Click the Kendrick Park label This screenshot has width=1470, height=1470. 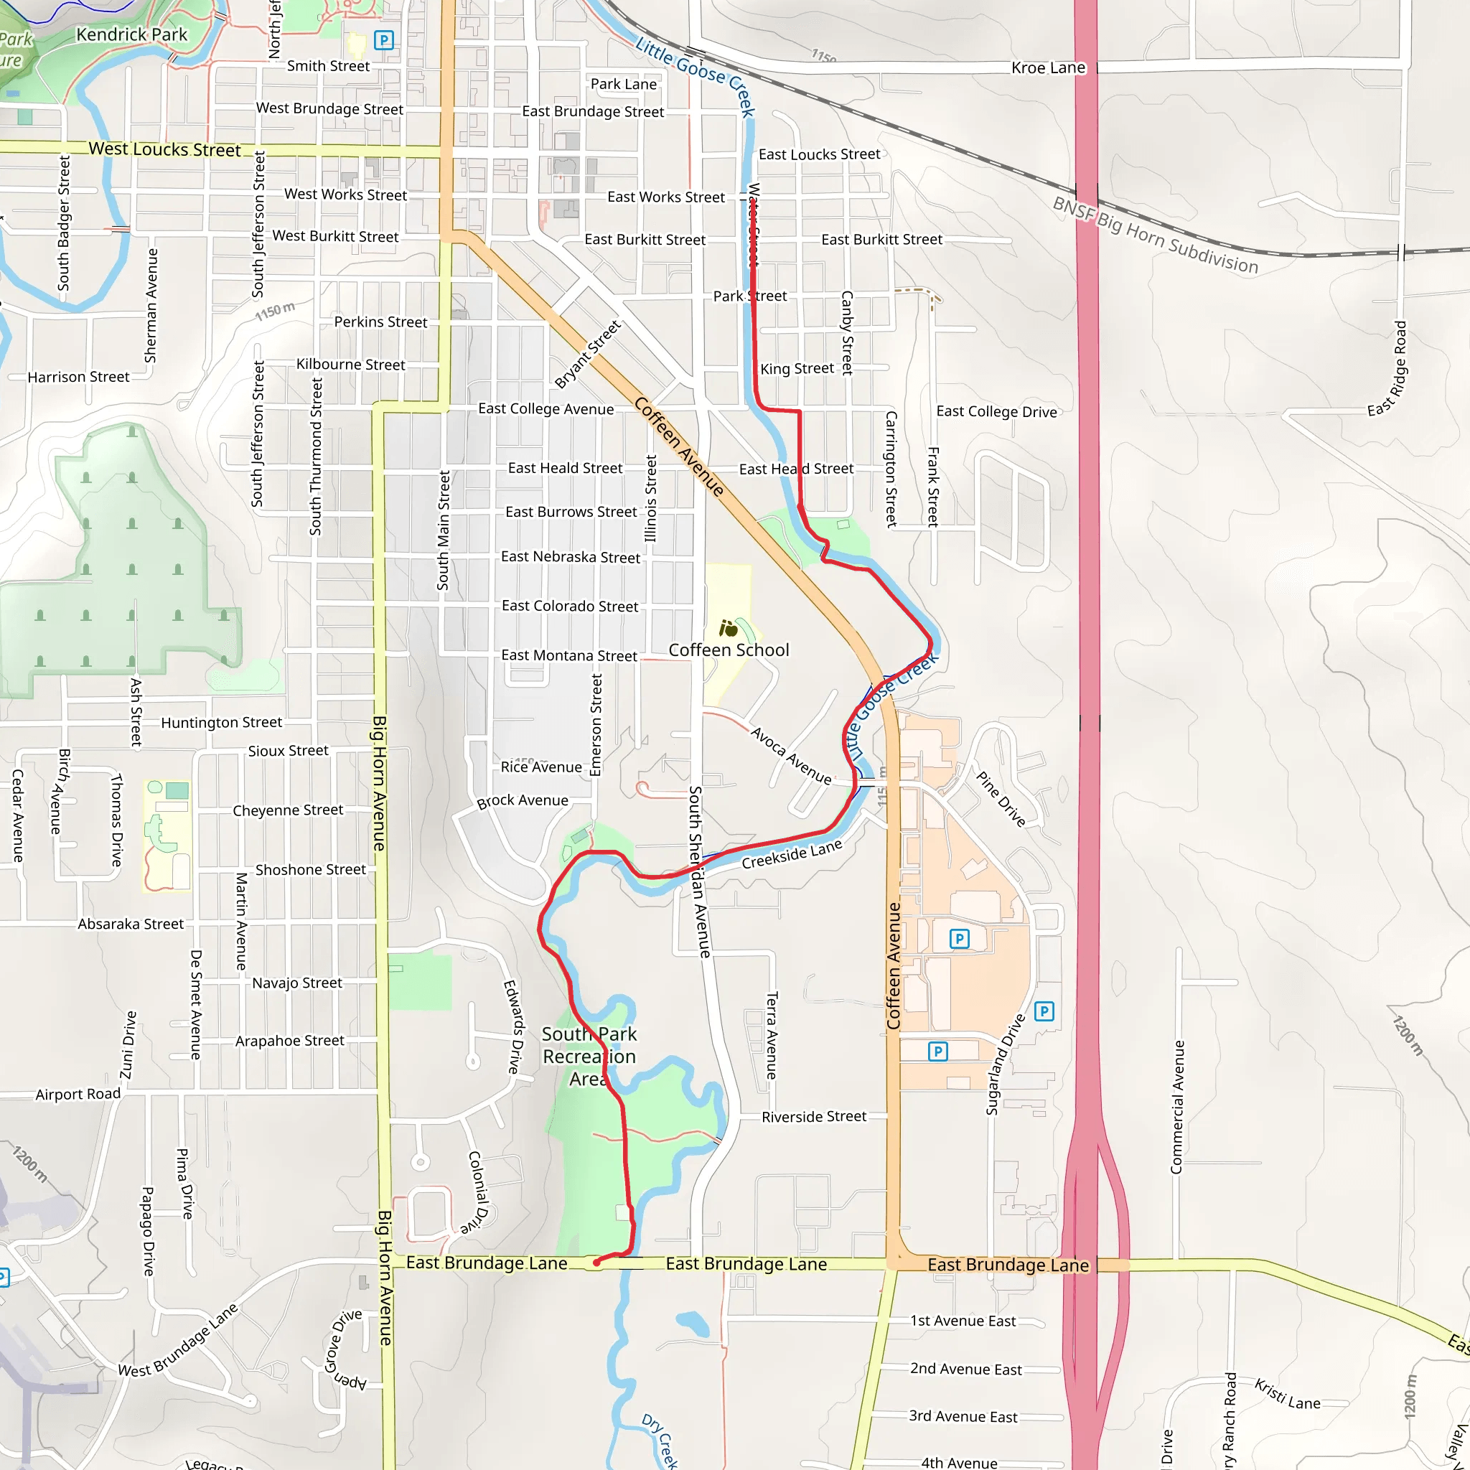pos(131,35)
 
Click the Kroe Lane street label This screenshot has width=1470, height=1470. pos(1048,67)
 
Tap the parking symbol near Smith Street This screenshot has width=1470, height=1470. pos(384,39)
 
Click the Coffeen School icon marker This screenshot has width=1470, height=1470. pos(728,629)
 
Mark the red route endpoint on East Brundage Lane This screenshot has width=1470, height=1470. pos(596,1263)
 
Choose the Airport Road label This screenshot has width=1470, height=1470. pos(78,1094)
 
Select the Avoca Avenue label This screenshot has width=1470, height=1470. pos(790,756)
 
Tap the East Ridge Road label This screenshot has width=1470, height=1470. pos(1389,369)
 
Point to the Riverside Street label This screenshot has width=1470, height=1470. pos(813,1116)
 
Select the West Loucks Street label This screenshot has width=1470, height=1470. pos(164,149)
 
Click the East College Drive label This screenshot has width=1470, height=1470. pos(996,411)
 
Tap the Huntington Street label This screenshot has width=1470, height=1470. pos(220,722)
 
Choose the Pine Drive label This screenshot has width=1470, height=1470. pos(1001,799)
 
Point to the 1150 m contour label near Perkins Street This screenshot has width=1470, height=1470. pos(275,310)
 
